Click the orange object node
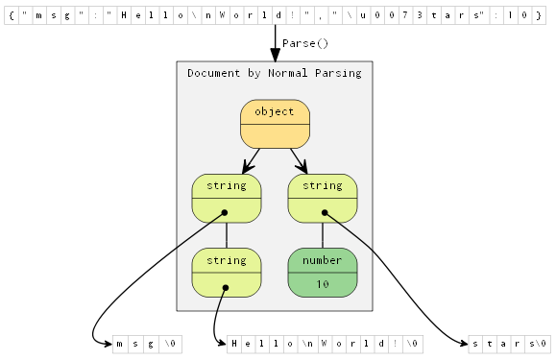pos(275,124)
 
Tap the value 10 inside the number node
pos(323,284)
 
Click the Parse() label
pos(305,43)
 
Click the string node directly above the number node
pos(323,198)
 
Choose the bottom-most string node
pos(227,272)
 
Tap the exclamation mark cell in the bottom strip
pos(396,343)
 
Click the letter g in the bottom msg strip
pos(150,343)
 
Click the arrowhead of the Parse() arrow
pos(275,55)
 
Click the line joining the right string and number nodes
pos(323,235)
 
